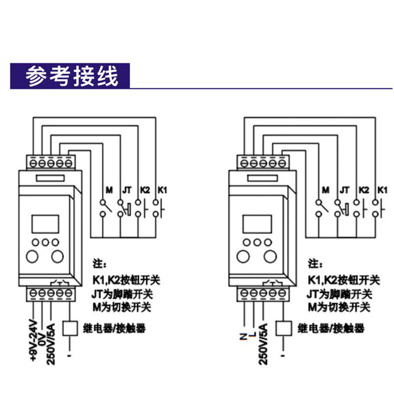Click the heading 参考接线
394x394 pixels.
[72, 77]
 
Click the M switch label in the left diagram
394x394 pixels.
[109, 190]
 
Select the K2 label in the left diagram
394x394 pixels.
[145, 190]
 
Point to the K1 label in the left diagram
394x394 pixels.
[163, 190]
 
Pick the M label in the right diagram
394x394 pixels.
[325, 190]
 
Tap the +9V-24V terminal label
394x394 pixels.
[33, 340]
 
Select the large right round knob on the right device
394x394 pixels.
[270, 256]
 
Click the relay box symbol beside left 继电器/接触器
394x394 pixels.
[71, 328]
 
